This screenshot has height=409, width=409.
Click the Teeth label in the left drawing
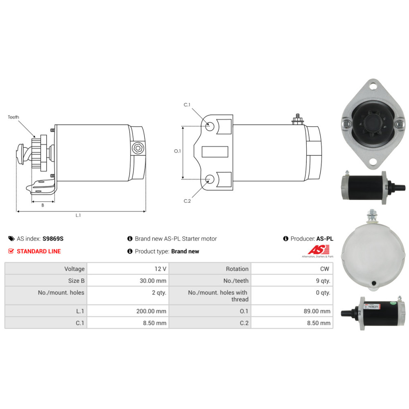[x=13, y=117]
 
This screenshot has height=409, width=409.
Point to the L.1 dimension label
[x=78, y=215]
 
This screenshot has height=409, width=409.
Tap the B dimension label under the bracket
[x=43, y=205]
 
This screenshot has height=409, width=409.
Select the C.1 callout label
[x=187, y=105]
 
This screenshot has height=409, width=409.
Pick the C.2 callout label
[x=187, y=201]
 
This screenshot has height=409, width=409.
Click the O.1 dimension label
[x=178, y=151]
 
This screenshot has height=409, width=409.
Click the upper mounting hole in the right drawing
[x=210, y=127]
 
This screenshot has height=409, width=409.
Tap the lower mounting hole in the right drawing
[x=210, y=179]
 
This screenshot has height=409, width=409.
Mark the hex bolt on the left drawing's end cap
[x=137, y=148]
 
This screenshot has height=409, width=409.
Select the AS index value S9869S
[x=53, y=239]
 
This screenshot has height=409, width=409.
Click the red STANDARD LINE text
[x=39, y=251]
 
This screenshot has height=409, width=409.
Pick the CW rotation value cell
[x=292, y=269]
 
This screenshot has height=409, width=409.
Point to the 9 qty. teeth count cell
[x=292, y=281]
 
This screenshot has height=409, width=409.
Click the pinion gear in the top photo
[x=373, y=121]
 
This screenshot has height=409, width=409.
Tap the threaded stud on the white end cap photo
[x=371, y=215]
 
